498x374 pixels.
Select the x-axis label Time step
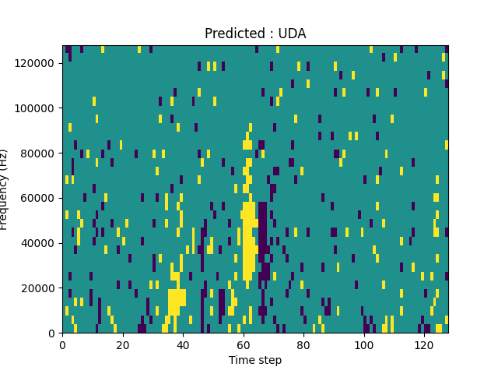pos(255,360)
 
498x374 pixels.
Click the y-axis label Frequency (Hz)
pos(5,189)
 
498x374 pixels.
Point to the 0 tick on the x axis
pos(62,344)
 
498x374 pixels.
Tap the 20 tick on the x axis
pos(123,344)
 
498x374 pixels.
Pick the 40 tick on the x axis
pos(183,344)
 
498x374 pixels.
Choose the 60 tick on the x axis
pos(244,344)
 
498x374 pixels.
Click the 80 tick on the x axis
pos(303,344)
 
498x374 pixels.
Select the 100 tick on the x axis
pos(364,344)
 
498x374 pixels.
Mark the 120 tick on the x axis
pos(424,344)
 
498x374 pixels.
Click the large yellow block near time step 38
pos(177,302)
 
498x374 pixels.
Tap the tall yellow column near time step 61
pos(248,242)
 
